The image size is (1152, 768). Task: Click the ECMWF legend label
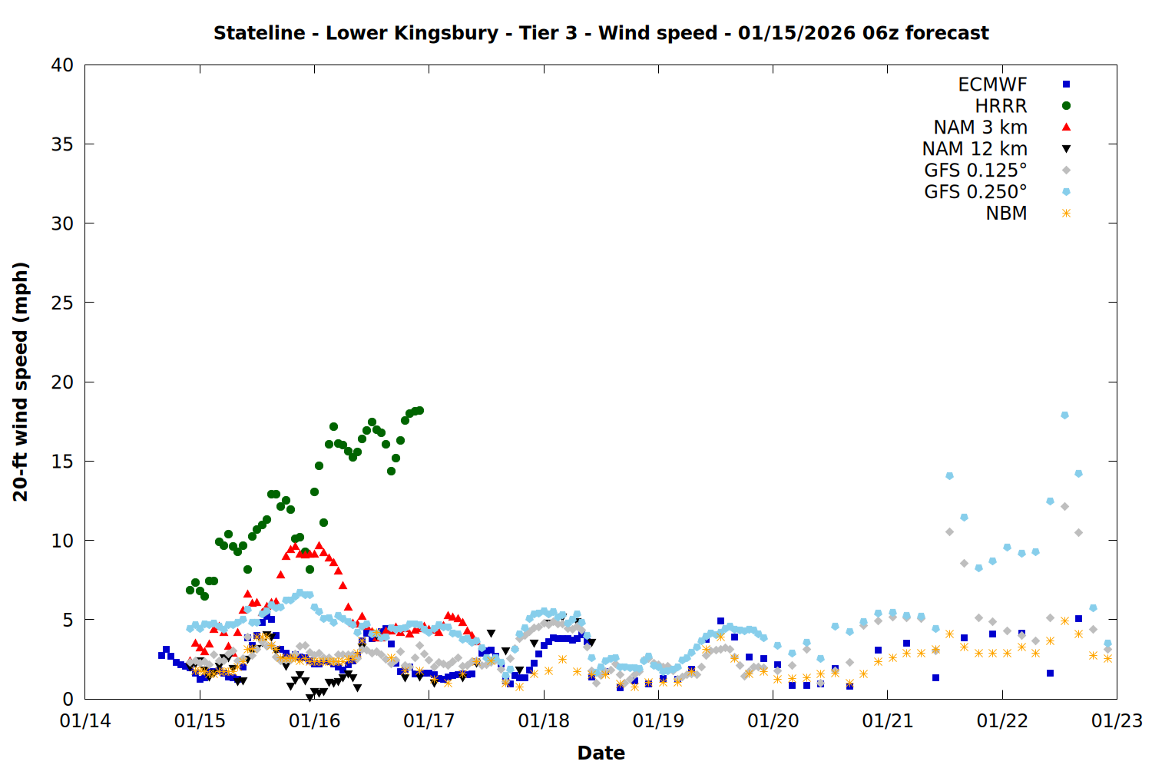point(992,84)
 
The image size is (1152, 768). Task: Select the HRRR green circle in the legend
point(1066,106)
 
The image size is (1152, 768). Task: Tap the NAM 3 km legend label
point(980,127)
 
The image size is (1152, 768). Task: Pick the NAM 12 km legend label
point(975,149)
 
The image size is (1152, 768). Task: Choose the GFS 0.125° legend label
point(975,170)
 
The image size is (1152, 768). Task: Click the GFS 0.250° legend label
point(975,192)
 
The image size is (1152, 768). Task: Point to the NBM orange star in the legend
point(1066,214)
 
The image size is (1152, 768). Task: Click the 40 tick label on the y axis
point(62,65)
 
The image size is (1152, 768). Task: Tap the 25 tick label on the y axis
point(62,303)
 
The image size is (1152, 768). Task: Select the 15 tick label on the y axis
point(62,461)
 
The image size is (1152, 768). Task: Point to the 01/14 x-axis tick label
point(85,721)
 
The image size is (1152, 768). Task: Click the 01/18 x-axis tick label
point(544,721)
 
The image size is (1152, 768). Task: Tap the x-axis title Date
point(601,753)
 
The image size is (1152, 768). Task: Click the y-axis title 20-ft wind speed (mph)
point(21,382)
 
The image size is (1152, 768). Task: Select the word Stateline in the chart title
point(259,33)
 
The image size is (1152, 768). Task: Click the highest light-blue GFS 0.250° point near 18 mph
point(1064,415)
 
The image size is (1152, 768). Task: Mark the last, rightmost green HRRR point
point(419,411)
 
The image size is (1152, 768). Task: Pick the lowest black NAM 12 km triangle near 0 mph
point(310,697)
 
